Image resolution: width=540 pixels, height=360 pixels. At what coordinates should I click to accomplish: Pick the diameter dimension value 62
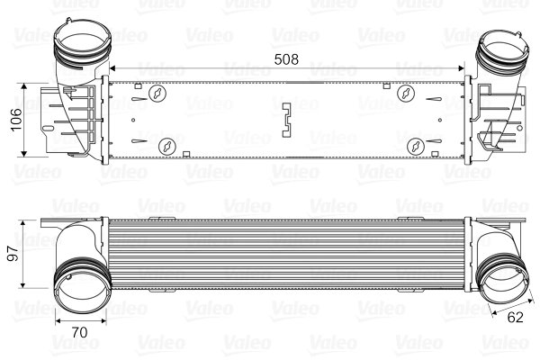515,318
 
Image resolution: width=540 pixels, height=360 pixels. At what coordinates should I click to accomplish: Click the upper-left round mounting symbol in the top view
157,93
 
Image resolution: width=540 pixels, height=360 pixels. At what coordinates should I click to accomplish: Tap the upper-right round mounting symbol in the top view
406,93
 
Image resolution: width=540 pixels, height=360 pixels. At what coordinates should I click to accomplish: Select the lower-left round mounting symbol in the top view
166,146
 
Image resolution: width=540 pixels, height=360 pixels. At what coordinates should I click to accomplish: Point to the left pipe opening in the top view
79,41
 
